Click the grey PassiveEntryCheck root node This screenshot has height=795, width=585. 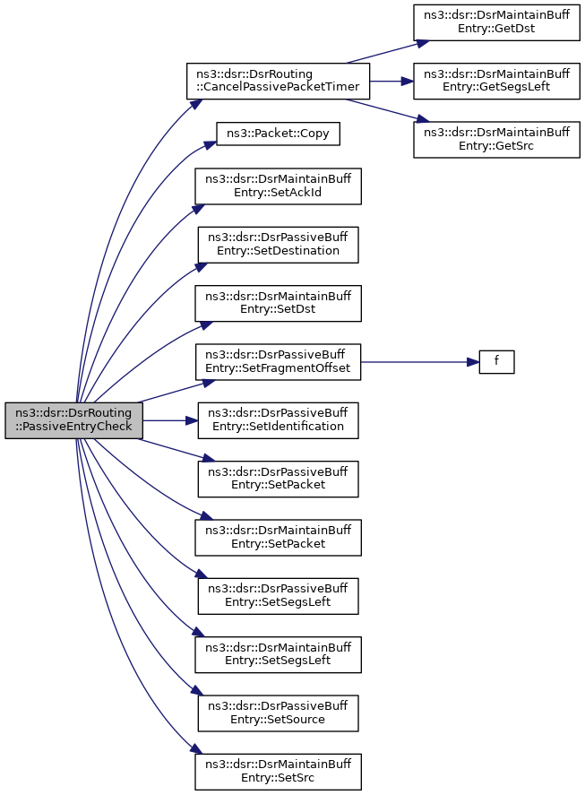pyautogui.click(x=73, y=419)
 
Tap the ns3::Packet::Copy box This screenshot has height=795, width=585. pyautogui.click(x=277, y=134)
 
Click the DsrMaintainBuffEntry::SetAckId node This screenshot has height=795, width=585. pyautogui.click(x=279, y=186)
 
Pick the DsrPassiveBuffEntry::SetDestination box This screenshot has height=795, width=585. pyautogui.click(x=278, y=245)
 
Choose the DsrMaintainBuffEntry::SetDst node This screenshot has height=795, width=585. pyautogui.click(x=279, y=303)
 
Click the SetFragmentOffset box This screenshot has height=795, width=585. pyautogui.click(x=279, y=361)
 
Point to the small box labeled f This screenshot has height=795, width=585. pyautogui.click(x=495, y=362)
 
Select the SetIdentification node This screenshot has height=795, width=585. pyautogui.click(x=278, y=419)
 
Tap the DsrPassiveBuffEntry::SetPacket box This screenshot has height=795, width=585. pyautogui.click(x=278, y=479)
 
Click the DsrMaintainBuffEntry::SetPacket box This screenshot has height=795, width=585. pyautogui.click(x=279, y=537)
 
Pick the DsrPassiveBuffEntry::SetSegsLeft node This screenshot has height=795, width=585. pyautogui.click(x=278, y=595)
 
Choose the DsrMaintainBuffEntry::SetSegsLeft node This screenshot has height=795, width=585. pyautogui.click(x=279, y=653)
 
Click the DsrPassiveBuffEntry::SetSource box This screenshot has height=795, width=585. pyautogui.click(x=278, y=712)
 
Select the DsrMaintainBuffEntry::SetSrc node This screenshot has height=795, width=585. pyautogui.click(x=279, y=771)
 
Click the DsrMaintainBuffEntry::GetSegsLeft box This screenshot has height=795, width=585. pyautogui.click(x=496, y=81)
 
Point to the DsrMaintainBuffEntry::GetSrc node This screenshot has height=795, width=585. pyautogui.click(x=496, y=139)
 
